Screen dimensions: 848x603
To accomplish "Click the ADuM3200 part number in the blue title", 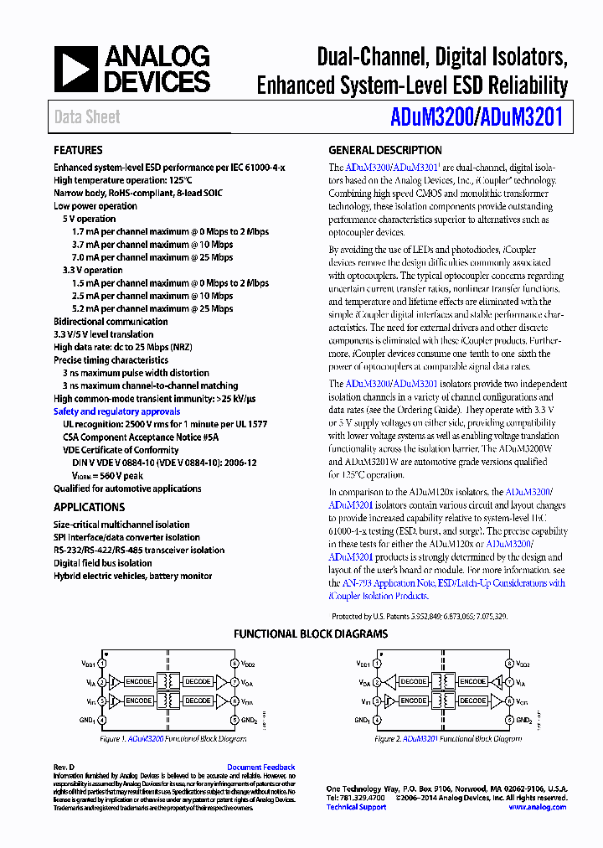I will click(430, 118).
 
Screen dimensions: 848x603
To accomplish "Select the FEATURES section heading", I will click(79, 151).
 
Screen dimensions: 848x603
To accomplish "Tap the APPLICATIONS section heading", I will click(89, 507).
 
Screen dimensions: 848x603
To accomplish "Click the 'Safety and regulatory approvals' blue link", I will click(116, 411).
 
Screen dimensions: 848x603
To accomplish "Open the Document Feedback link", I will click(260, 767).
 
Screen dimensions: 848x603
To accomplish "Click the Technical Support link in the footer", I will click(356, 807).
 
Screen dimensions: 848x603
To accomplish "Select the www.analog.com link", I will click(537, 807).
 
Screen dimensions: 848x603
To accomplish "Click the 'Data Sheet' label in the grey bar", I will click(87, 117).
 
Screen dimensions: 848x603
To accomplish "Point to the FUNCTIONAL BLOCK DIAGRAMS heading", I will click(310, 634).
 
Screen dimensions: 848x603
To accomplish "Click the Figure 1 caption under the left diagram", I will click(173, 739).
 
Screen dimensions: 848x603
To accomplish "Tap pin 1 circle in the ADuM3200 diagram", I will click(103, 663).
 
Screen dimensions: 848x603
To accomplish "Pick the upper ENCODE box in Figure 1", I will click(138, 682).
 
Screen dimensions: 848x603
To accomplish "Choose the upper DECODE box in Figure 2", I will click(413, 682).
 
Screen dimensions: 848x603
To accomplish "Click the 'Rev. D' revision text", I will click(64, 767).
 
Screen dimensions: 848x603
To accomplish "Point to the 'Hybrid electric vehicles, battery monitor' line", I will click(133, 576).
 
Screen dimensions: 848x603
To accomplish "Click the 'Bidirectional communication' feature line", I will click(111, 322).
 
